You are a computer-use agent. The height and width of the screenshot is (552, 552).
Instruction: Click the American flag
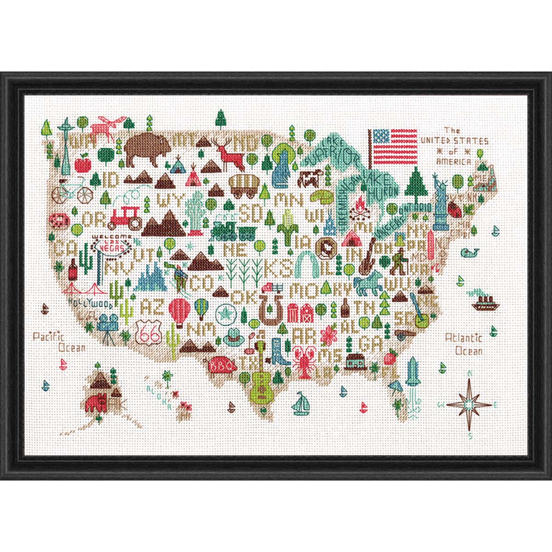[395, 147]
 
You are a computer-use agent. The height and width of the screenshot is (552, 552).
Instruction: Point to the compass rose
[469, 405]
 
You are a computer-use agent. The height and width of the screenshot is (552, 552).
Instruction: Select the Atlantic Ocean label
[463, 344]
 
